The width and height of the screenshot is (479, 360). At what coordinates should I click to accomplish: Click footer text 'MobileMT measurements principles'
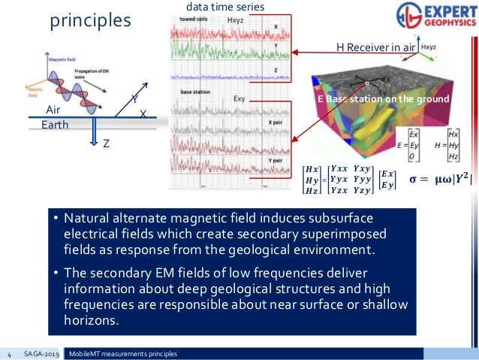click(124, 352)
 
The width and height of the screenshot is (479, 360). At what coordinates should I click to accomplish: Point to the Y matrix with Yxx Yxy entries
click(351, 180)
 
